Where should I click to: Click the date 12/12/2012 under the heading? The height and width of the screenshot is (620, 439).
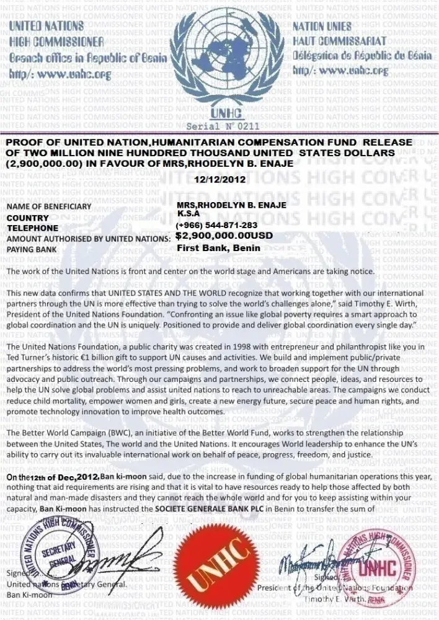click(219, 179)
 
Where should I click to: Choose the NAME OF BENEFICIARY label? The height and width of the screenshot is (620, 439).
click(49, 206)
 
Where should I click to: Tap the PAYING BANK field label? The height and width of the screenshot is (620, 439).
click(32, 249)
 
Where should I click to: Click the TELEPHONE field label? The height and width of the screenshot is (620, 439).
click(32, 228)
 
